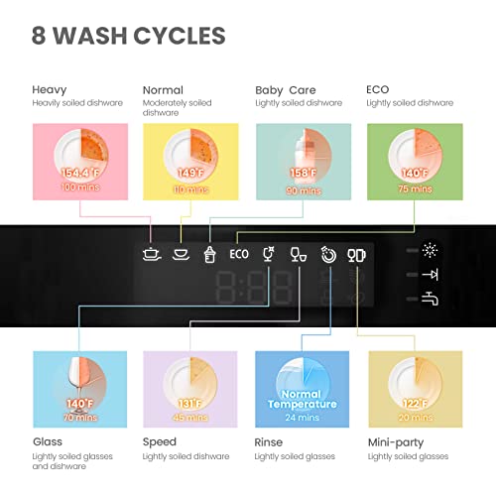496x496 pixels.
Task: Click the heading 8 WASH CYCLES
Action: pyautogui.click(x=128, y=37)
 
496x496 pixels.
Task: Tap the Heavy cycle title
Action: pyautogui.click(x=50, y=89)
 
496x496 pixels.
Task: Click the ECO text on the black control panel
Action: pyautogui.click(x=239, y=253)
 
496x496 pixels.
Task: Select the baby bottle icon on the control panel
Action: pyautogui.click(x=209, y=253)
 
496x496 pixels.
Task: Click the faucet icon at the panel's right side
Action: pyautogui.click(x=432, y=297)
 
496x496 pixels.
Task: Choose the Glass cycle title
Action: pyautogui.click(x=49, y=441)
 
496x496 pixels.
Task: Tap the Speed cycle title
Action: pyautogui.click(x=160, y=441)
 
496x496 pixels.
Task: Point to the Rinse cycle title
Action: pyautogui.click(x=270, y=441)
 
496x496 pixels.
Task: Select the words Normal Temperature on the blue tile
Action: pyautogui.click(x=303, y=399)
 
